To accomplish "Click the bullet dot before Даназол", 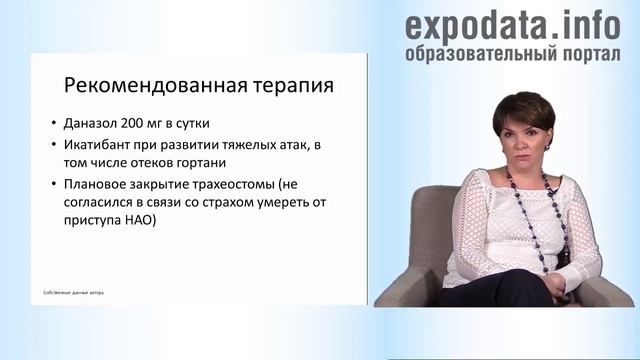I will (x=52, y=125).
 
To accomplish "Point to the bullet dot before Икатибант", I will (x=52, y=146).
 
